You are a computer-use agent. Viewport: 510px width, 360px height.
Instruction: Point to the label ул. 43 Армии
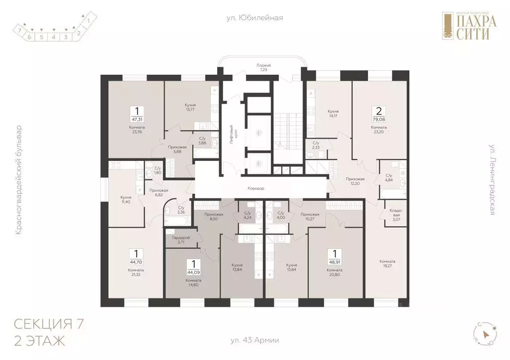point(255,341)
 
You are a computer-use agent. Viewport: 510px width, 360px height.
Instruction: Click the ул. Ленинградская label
point(491,180)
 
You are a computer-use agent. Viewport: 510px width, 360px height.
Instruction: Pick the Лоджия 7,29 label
point(263,68)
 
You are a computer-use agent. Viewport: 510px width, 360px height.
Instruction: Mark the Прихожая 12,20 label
point(356,181)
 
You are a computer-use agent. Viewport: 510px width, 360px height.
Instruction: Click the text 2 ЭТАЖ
point(39,342)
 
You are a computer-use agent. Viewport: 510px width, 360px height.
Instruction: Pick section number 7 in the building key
point(19,31)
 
